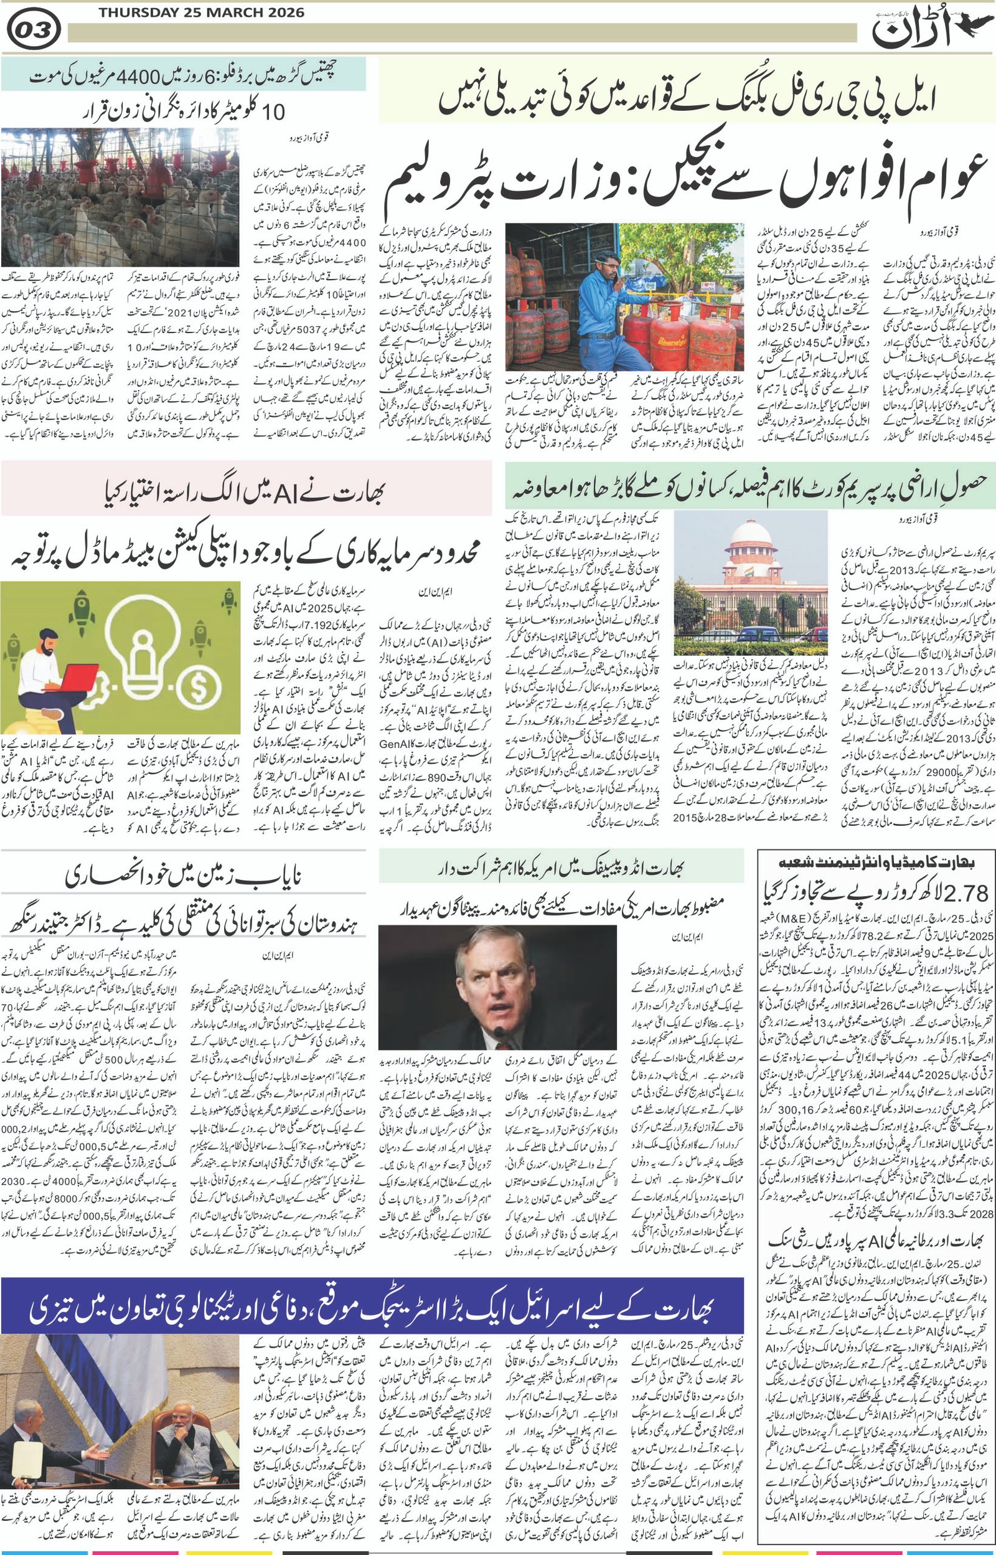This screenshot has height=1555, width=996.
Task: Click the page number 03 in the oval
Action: pos(35,30)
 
